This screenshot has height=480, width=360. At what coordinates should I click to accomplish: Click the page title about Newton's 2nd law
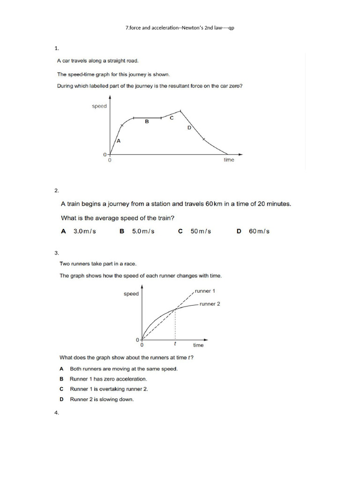[180, 28]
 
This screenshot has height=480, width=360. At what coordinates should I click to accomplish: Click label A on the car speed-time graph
[119, 141]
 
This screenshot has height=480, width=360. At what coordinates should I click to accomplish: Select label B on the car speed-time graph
[147, 121]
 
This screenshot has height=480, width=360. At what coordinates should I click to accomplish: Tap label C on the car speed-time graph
[172, 118]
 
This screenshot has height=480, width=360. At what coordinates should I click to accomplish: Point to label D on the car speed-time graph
[189, 127]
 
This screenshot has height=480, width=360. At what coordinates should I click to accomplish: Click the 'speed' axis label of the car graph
[99, 106]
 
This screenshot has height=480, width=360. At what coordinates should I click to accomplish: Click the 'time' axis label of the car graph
[229, 160]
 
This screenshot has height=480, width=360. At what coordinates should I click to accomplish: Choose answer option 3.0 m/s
[84, 231]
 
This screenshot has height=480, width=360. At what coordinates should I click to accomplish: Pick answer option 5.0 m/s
[143, 231]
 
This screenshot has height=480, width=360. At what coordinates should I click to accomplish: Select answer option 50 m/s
[201, 231]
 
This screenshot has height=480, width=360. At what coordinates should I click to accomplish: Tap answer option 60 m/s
[259, 231]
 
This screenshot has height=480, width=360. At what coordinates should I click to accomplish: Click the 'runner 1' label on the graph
[205, 291]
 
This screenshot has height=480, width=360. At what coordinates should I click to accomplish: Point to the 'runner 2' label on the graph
[210, 304]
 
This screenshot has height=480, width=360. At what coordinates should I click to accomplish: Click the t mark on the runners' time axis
[175, 344]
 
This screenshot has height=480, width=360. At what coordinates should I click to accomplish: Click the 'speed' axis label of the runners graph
[131, 294]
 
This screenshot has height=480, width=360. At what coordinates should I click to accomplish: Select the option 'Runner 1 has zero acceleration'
[108, 379]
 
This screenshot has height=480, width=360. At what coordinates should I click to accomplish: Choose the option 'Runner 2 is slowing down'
[102, 399]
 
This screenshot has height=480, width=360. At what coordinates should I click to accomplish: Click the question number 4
[57, 413]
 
